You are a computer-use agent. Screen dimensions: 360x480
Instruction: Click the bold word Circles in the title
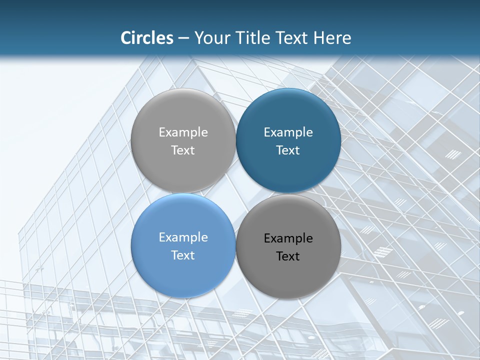coord(147,38)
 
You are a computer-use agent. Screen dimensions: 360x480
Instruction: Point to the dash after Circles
coord(183,38)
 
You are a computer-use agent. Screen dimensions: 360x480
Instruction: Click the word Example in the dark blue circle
coord(288,132)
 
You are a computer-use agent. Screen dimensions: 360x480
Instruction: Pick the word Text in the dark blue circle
coord(288,150)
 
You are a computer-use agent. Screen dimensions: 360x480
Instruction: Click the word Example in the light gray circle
coord(183,132)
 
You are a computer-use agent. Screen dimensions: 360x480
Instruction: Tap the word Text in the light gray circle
coord(183,150)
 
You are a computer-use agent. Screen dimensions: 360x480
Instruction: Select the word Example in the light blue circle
coord(183,237)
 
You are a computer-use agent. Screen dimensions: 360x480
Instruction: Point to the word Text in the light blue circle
coord(183,255)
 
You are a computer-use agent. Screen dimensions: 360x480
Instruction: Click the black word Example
coord(288,238)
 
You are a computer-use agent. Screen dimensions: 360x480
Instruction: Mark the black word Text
coord(288,256)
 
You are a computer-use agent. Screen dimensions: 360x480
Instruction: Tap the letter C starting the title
coord(126,38)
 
